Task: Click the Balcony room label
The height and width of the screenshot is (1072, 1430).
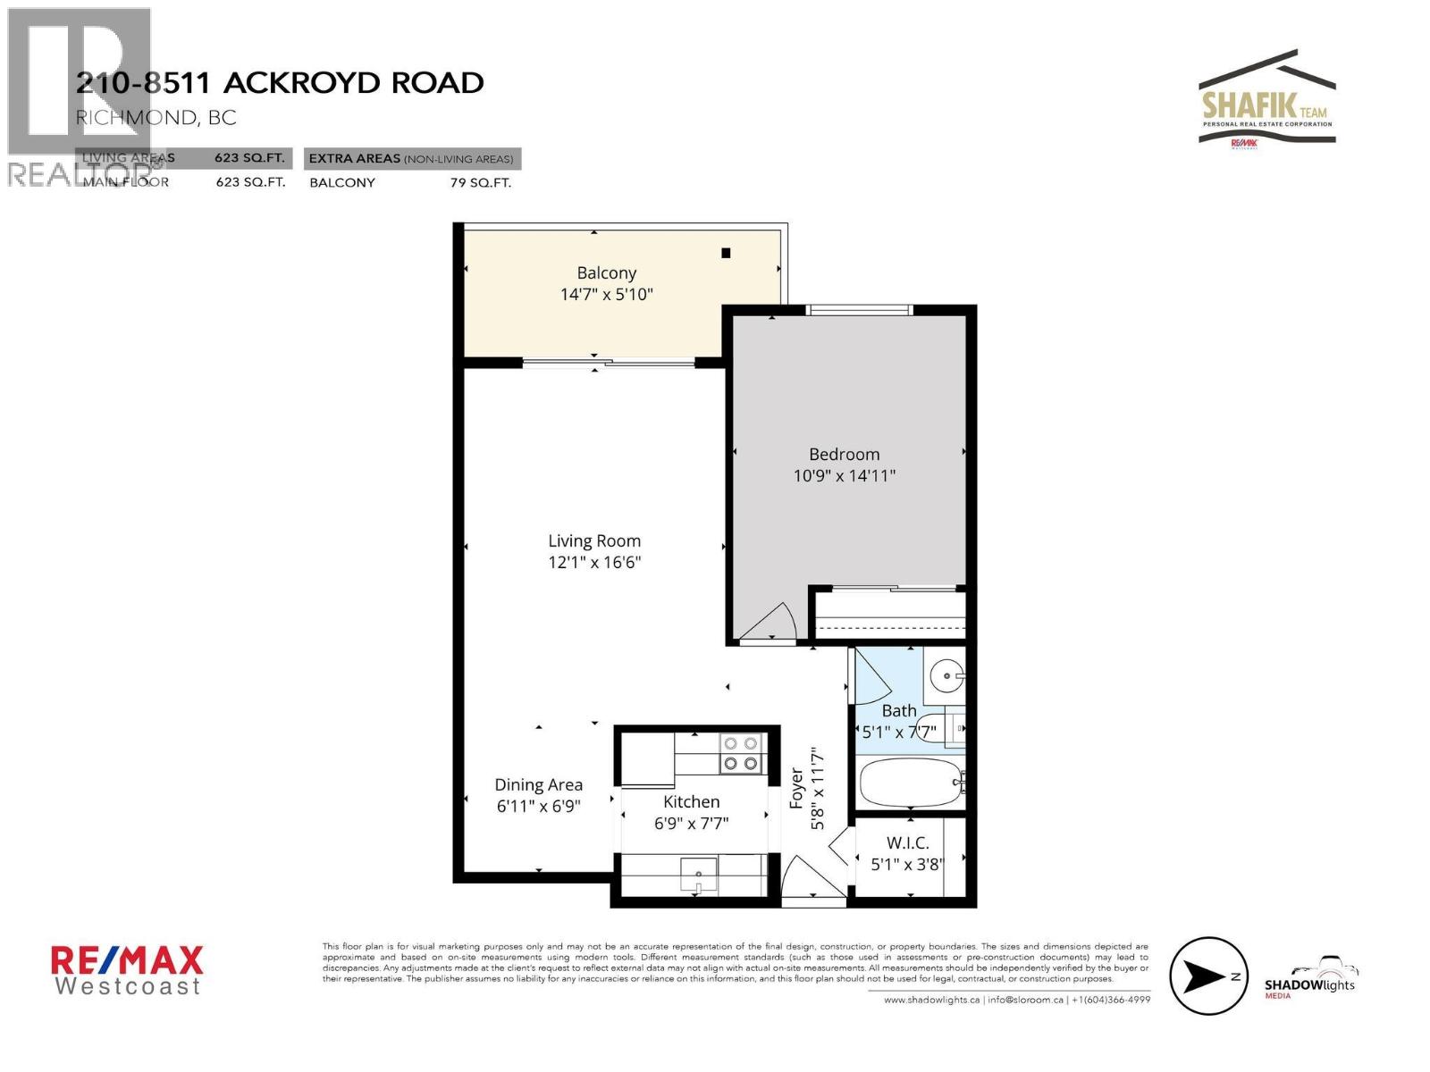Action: [606, 273]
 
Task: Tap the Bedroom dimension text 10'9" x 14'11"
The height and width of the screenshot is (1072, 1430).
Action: [844, 476]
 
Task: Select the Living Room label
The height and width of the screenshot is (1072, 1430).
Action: [594, 541]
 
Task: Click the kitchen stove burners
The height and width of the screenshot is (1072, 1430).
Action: [741, 753]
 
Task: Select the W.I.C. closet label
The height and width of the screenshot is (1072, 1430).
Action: [907, 842]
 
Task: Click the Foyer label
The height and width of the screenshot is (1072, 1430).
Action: [796, 788]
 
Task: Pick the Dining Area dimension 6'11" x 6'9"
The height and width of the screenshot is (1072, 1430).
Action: [539, 806]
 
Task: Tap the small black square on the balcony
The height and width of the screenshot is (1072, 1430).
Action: [726, 253]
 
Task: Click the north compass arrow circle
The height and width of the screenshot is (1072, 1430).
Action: [1208, 976]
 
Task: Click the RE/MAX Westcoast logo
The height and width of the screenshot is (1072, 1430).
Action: [127, 970]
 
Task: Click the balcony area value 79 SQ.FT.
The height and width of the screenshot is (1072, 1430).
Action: [481, 183]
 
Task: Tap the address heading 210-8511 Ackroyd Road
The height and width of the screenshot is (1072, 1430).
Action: [280, 83]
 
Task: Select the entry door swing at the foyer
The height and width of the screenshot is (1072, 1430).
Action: [809, 880]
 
